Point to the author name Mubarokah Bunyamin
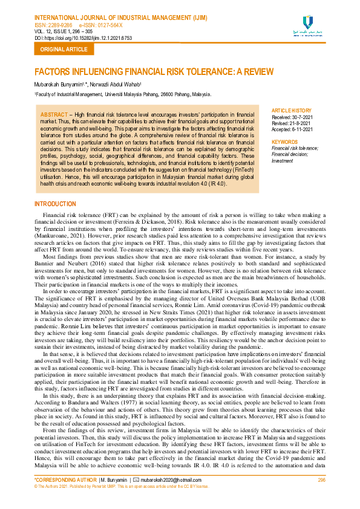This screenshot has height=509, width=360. click(x=61, y=85)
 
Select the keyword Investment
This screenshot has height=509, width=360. click(x=283, y=161)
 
